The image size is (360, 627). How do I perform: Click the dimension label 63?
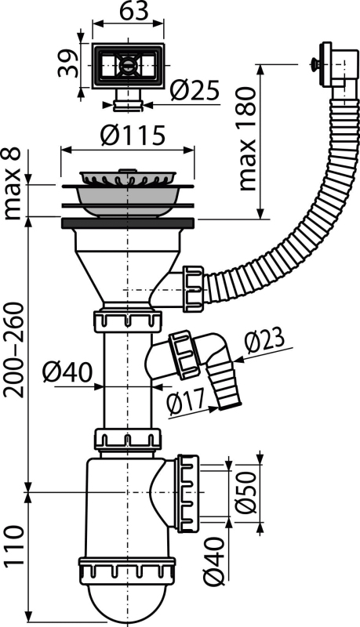coord(134,11)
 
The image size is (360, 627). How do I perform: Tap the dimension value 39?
coord(67,63)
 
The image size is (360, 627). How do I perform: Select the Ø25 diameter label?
coord(195,90)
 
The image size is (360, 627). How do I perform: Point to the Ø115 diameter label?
coord(133,135)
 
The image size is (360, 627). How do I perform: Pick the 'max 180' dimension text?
coord(247,139)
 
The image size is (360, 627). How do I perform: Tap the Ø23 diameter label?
coord(264,341)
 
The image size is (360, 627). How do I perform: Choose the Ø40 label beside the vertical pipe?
coord(67,372)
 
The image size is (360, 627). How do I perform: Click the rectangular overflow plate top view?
coord(128,66)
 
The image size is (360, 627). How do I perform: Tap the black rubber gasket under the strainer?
coord(128,223)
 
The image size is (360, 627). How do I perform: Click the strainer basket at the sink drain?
coord(128,178)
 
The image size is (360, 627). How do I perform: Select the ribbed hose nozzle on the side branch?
coord(225,386)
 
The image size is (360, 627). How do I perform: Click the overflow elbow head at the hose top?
coord(335,66)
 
